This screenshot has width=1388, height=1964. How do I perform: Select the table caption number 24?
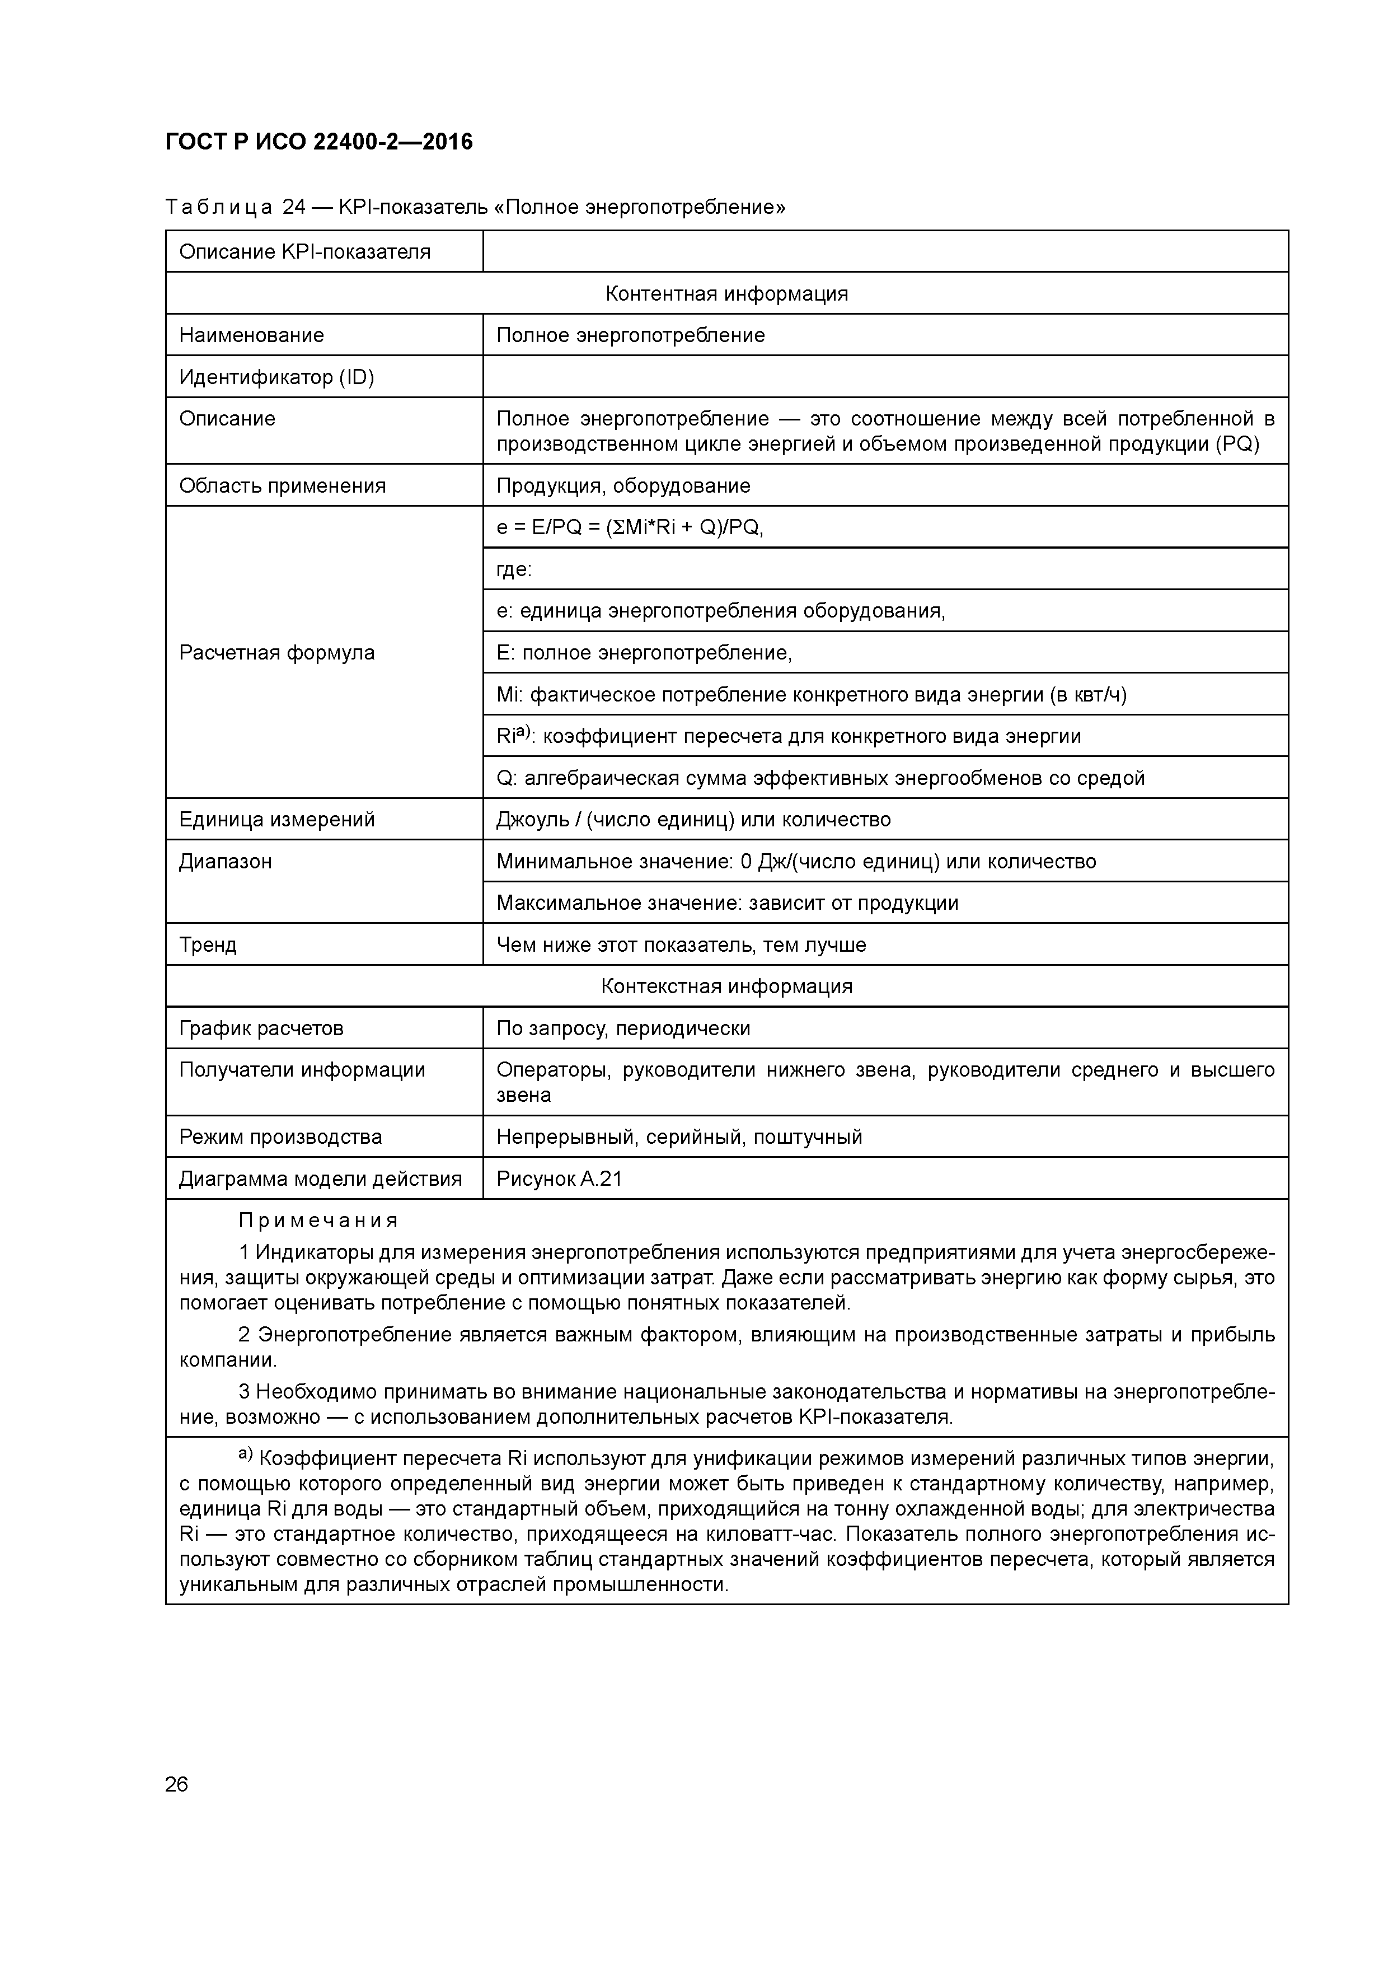(293, 207)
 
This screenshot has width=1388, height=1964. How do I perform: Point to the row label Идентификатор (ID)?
(276, 377)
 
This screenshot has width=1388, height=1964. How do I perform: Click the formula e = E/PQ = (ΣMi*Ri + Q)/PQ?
(630, 528)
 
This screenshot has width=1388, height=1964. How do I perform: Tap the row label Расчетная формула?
(276, 653)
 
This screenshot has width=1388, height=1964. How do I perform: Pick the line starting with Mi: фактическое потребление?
(811, 695)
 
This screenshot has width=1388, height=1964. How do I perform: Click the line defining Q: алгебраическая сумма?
(819, 778)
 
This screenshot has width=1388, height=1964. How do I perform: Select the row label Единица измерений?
(276, 820)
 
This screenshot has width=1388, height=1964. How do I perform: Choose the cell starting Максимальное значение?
(727, 903)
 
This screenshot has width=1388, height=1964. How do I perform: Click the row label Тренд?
(208, 945)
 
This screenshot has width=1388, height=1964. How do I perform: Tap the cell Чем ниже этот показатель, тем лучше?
(681, 945)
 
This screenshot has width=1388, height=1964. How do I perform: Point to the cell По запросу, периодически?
(622, 1028)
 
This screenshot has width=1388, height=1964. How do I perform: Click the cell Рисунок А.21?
(559, 1179)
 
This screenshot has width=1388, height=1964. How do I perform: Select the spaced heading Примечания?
(318, 1221)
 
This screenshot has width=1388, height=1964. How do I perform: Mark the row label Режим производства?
(280, 1137)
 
